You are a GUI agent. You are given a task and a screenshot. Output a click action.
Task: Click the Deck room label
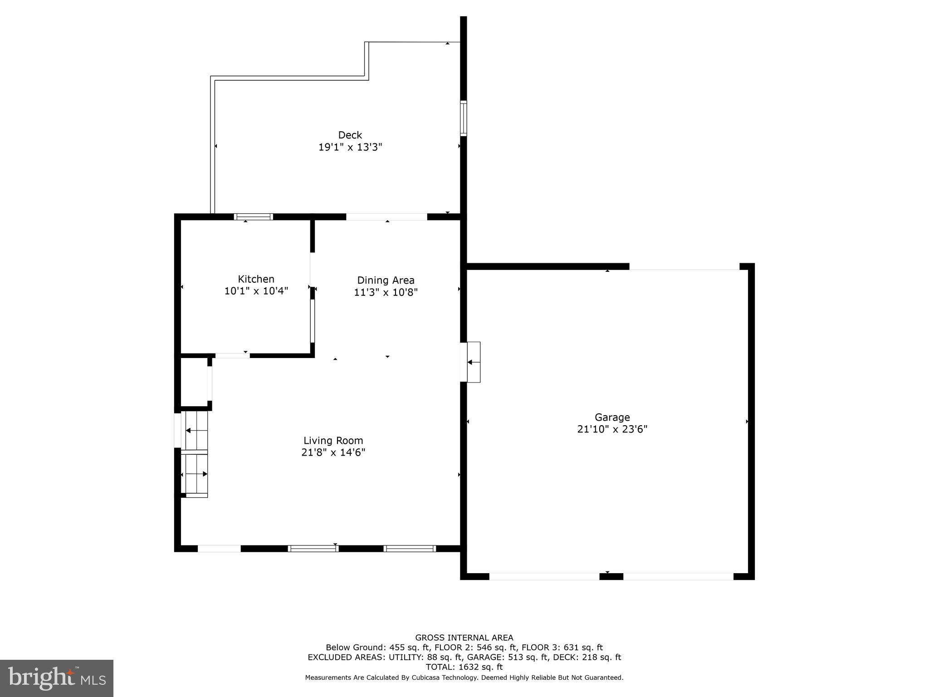point(350,135)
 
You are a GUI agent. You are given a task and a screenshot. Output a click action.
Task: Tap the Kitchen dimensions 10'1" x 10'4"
point(256,291)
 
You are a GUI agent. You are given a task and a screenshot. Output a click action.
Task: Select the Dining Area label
point(386,280)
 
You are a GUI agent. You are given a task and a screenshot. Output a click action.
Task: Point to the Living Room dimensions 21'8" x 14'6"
point(333,452)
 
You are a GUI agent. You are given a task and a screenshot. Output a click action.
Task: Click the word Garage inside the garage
point(612,417)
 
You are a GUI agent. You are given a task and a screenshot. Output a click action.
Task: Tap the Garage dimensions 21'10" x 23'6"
point(612,429)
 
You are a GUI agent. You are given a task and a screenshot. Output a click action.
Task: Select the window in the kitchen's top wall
point(253,217)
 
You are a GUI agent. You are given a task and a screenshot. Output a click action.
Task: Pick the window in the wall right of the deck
point(463,118)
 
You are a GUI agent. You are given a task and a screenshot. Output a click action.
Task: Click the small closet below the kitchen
point(194,382)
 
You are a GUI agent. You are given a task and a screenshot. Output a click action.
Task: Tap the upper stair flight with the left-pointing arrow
point(196,430)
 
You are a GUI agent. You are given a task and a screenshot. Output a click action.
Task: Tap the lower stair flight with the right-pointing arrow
point(196,474)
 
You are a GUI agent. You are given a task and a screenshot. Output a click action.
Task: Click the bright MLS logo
point(57,678)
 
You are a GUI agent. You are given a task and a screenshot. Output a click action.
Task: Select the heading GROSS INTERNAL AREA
point(464,638)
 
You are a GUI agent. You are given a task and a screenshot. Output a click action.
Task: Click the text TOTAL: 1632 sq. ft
point(464,667)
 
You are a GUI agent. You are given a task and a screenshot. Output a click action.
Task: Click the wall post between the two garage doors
point(611,576)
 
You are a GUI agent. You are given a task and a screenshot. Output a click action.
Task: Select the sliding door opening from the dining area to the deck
point(386,217)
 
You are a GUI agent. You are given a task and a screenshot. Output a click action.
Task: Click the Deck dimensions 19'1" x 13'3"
point(350,147)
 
